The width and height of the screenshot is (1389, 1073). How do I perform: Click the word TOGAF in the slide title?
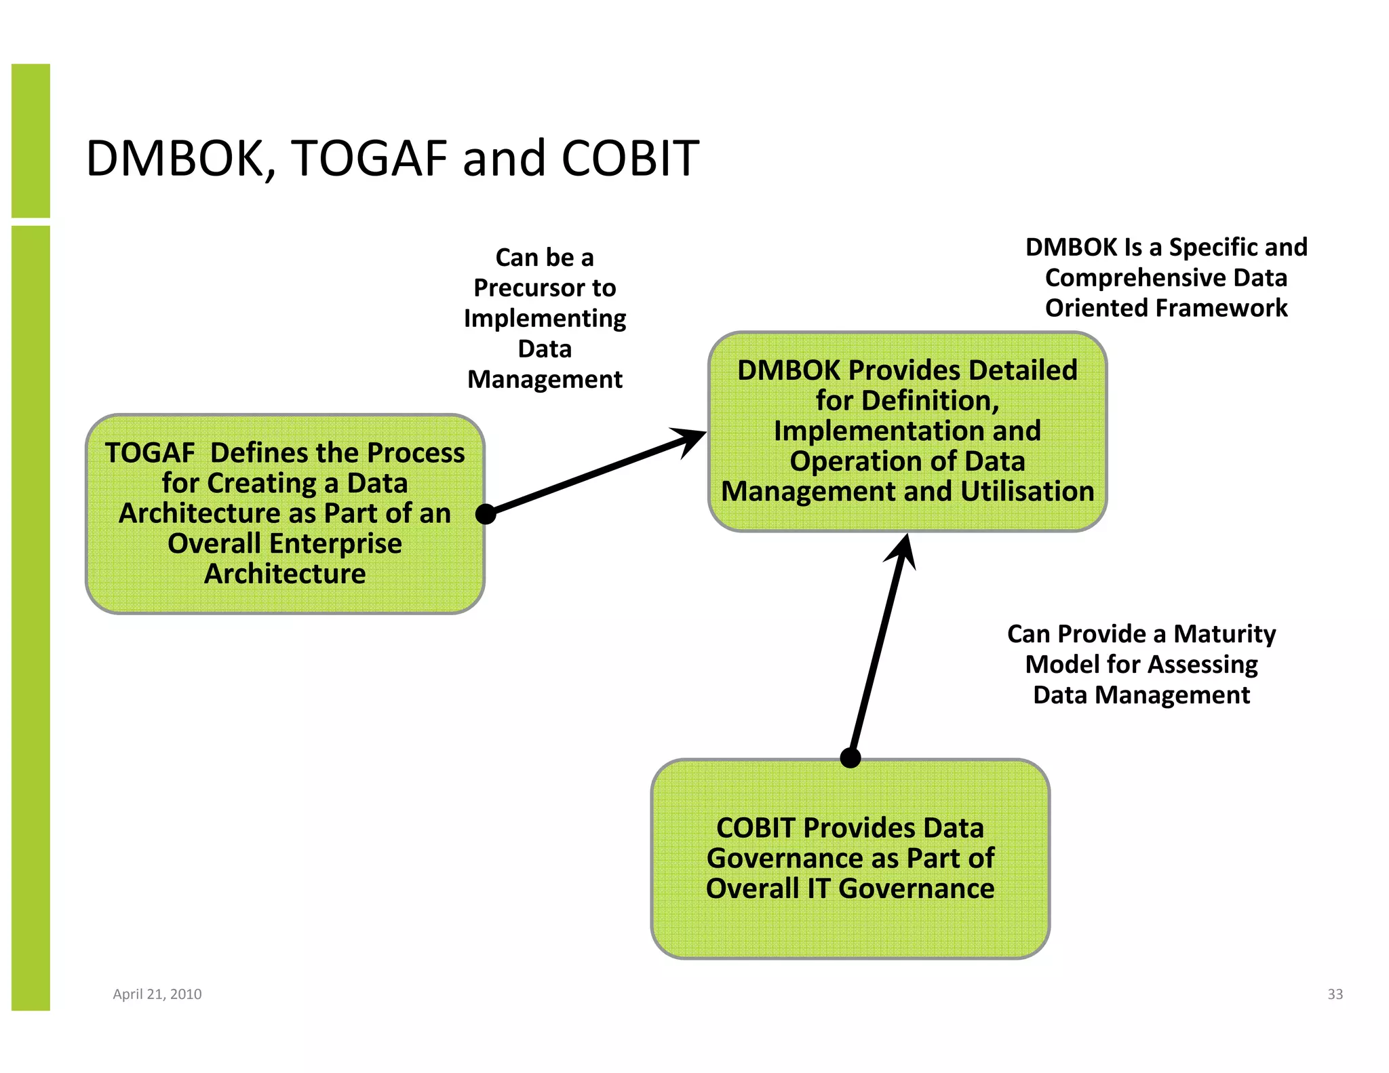pyautogui.click(x=368, y=159)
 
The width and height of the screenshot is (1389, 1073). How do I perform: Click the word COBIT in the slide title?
pyautogui.click(x=630, y=159)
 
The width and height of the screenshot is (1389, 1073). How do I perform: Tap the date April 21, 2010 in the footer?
pyautogui.click(x=157, y=994)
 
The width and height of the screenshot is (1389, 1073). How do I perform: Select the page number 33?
pyautogui.click(x=1335, y=994)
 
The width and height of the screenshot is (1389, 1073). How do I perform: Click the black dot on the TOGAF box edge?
pyautogui.click(x=486, y=514)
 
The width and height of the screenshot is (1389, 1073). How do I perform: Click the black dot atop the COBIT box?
pyautogui.click(x=850, y=758)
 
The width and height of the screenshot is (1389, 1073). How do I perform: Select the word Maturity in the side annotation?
pyautogui.click(x=1224, y=634)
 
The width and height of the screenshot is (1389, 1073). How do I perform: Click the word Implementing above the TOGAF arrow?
pyautogui.click(x=545, y=319)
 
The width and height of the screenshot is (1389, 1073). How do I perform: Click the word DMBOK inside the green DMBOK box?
pyautogui.click(x=788, y=371)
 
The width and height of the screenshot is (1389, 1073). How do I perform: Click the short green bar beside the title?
pyautogui.click(x=31, y=140)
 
